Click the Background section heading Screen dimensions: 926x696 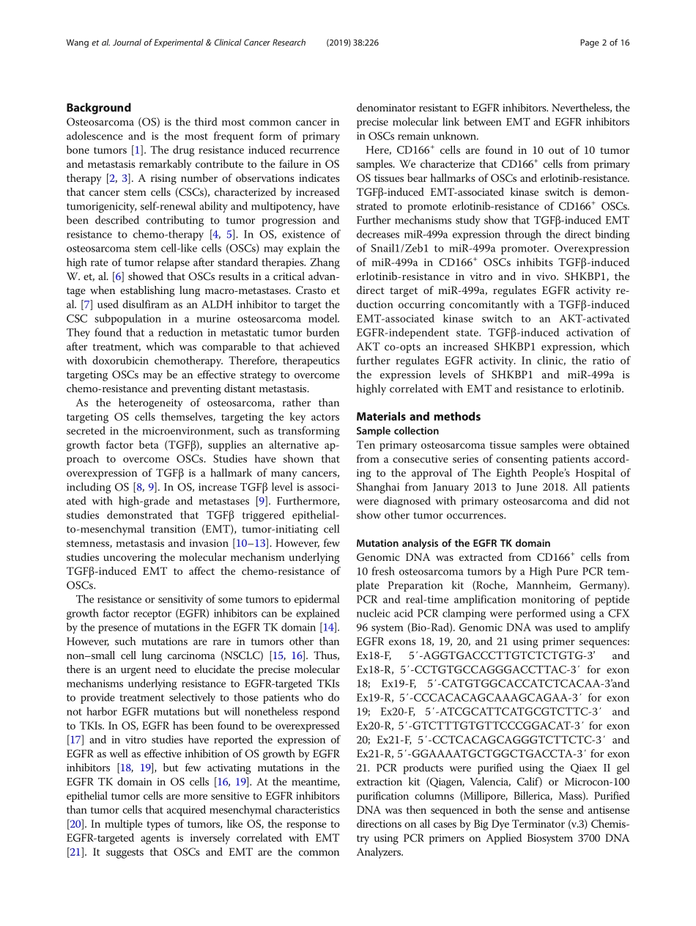(98, 108)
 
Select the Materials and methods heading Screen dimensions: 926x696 (418, 416)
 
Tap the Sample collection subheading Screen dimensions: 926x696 (397, 431)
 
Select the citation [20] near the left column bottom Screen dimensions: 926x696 (75, 823)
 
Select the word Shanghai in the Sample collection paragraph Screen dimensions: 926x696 (380, 488)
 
